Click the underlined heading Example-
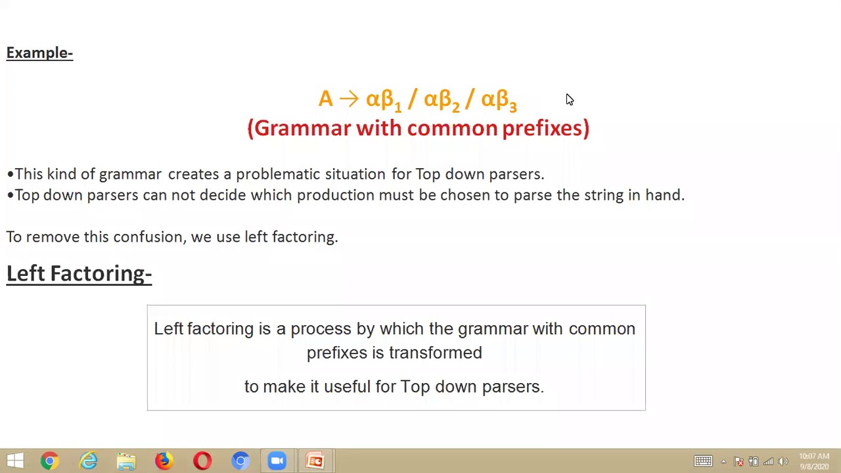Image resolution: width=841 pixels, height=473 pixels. [39, 53]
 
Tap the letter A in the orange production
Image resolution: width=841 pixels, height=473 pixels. [325, 99]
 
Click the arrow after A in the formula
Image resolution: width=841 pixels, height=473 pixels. [349, 99]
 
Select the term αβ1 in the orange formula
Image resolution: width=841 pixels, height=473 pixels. [383, 100]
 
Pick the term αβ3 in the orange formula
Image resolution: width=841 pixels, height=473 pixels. [499, 100]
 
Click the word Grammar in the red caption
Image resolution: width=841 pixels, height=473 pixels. [302, 128]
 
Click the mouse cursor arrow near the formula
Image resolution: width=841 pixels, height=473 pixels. [569, 99]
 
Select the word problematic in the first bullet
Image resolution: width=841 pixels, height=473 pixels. [278, 174]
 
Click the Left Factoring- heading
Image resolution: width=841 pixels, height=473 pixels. [79, 273]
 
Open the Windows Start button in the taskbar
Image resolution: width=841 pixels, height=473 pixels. [14, 461]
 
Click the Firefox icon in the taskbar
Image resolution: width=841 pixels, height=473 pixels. [164, 461]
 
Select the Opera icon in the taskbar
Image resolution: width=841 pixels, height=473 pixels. [202, 461]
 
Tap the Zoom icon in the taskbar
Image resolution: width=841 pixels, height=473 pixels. [277, 461]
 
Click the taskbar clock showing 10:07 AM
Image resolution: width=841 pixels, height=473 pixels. [814, 461]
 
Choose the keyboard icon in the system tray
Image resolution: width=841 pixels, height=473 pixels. [703, 461]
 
